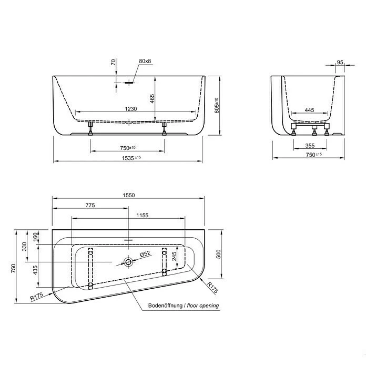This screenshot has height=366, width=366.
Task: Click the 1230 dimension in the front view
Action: (x=131, y=109)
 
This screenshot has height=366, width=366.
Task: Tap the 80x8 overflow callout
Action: (x=145, y=62)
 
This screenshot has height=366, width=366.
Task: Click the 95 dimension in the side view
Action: (x=339, y=62)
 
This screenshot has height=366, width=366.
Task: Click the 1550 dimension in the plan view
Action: (x=129, y=195)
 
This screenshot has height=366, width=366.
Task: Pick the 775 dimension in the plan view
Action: (x=89, y=206)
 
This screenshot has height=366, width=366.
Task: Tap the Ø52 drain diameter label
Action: (x=145, y=254)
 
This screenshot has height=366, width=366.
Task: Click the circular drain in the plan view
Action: (x=127, y=261)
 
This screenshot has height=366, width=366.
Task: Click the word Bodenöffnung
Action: (x=165, y=306)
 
